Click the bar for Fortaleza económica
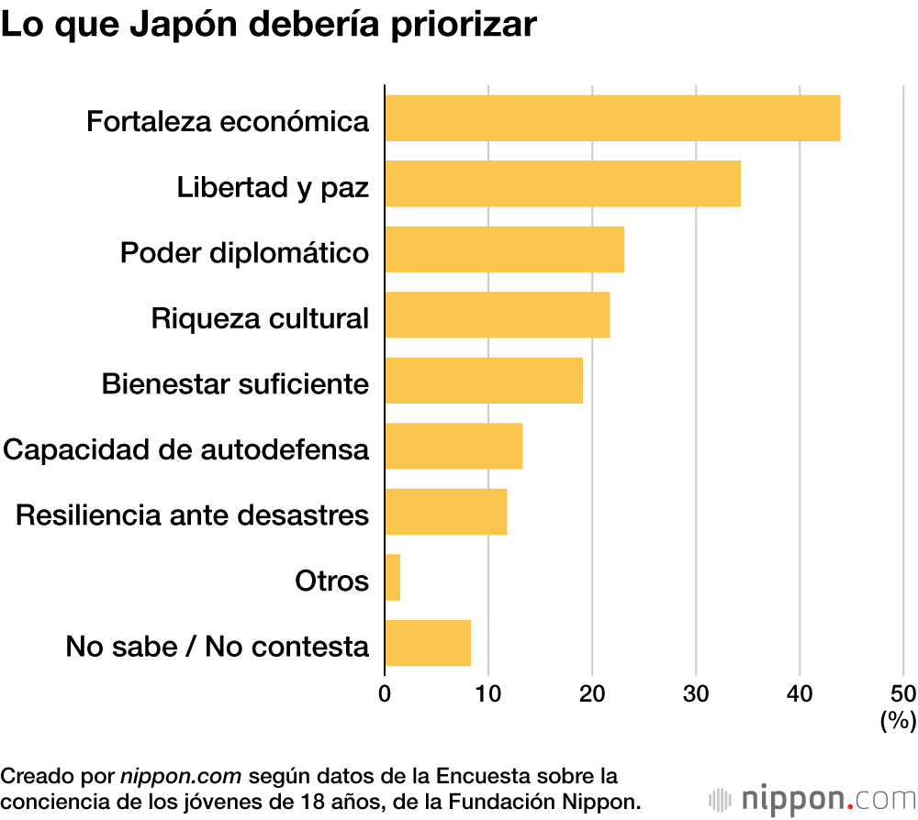click(x=612, y=117)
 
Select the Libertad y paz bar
click(x=563, y=183)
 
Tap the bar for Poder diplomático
click(x=504, y=249)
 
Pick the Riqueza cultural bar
click(x=497, y=315)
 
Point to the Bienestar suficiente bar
click(x=484, y=380)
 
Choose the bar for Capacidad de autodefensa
click(x=453, y=446)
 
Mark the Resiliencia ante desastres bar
click(x=445, y=511)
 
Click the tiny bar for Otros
click(x=393, y=577)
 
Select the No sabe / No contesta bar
click(x=428, y=642)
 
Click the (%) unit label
click(x=898, y=721)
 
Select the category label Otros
click(x=331, y=581)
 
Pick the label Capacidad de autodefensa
click(x=186, y=449)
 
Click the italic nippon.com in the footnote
click(x=181, y=776)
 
